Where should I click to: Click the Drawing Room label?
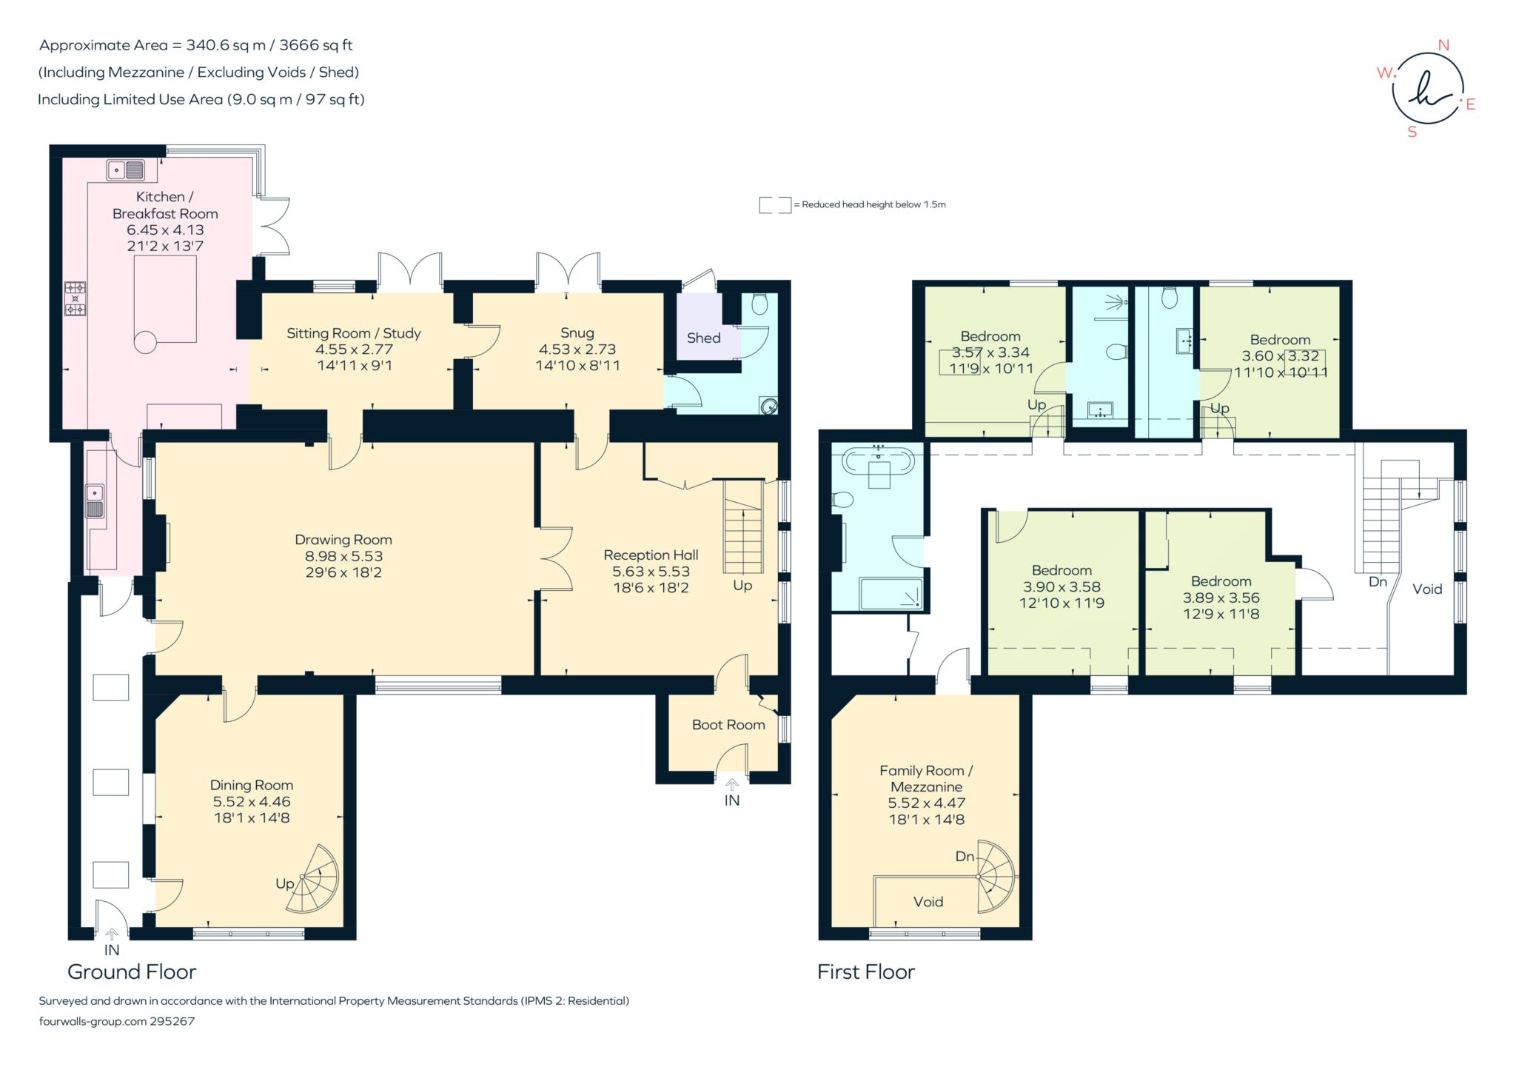(343, 540)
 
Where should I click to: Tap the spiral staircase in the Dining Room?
(314, 880)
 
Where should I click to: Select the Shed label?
(703, 338)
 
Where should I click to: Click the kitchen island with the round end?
(164, 301)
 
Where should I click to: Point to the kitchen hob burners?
(76, 298)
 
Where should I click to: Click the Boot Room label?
(728, 725)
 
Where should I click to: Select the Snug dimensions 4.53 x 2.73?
(577, 349)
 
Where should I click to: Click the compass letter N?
(1443, 45)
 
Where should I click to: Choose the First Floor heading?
(865, 971)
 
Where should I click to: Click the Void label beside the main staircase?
(1426, 589)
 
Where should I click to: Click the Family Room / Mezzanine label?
(926, 778)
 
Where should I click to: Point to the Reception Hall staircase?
(742, 527)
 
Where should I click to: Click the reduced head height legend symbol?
(774, 205)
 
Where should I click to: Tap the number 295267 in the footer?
(172, 1021)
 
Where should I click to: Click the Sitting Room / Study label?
(353, 333)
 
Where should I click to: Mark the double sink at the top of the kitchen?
(125, 170)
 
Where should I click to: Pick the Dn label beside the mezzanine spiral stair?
(965, 857)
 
